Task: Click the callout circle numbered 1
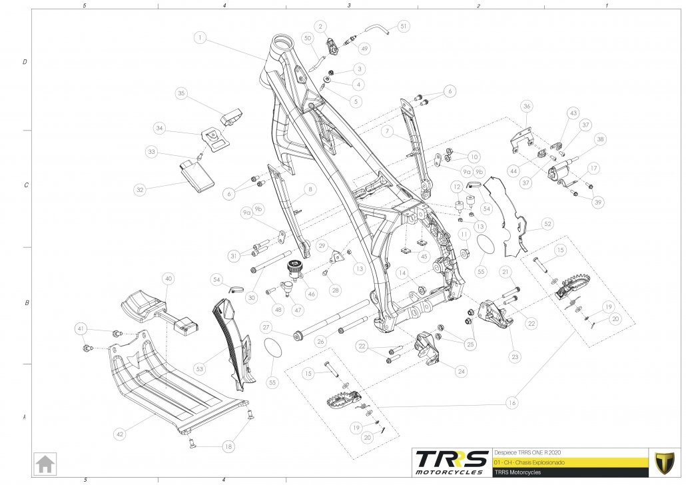[200, 37]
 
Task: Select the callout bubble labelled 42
[120, 434]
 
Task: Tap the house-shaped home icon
[46, 462]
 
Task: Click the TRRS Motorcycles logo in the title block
[450, 462]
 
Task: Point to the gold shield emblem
[663, 461]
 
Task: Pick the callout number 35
[181, 94]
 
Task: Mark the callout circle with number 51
[404, 27]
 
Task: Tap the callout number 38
[601, 140]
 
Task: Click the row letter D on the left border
[25, 62]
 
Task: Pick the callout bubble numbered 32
[140, 190]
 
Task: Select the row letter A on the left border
[25, 418]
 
